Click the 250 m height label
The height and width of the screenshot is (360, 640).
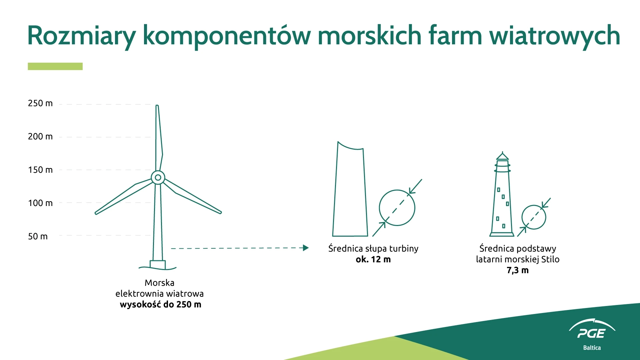tap(40, 103)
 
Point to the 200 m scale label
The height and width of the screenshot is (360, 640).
tap(40, 137)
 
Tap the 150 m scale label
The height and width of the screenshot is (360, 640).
tap(40, 170)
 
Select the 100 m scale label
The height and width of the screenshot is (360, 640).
tap(40, 203)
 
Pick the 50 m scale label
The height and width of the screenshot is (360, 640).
tap(38, 236)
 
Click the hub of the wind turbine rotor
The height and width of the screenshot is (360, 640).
tap(158, 178)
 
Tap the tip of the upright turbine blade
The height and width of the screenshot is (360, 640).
tap(157, 106)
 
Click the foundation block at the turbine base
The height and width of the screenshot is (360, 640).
tap(158, 265)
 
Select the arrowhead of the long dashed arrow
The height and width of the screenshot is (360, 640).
tap(306, 248)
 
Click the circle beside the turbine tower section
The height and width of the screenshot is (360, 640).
tap(397, 190)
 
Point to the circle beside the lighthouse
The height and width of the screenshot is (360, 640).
tap(534, 205)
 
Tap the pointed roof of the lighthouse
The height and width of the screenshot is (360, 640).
tap(502, 156)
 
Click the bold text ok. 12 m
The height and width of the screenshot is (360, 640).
tap(373, 259)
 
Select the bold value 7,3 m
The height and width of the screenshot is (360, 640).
tap(518, 270)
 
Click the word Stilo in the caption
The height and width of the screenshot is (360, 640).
tap(550, 259)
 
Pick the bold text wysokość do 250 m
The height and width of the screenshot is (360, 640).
tap(160, 305)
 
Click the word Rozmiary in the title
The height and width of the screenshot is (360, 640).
tap(82, 36)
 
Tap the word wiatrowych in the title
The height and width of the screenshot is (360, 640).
tap(555, 36)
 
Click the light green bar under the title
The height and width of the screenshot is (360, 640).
tap(55, 66)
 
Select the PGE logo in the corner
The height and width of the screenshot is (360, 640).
tap(592, 334)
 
